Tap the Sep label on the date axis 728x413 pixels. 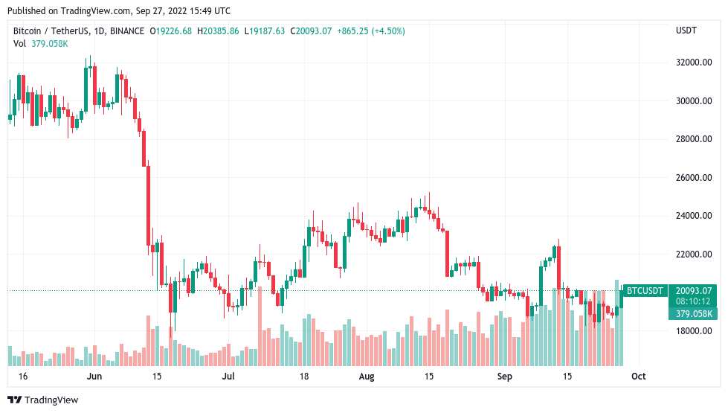(505, 377)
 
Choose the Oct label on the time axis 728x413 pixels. (638, 377)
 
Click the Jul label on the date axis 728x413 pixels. (228, 377)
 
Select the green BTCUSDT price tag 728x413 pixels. (644, 290)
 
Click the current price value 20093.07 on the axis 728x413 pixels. (693, 290)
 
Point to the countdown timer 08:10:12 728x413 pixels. (693, 302)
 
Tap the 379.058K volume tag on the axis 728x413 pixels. (693, 314)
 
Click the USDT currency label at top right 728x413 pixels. (686, 31)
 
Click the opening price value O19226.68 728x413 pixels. (171, 31)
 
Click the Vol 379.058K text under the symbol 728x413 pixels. (41, 43)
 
